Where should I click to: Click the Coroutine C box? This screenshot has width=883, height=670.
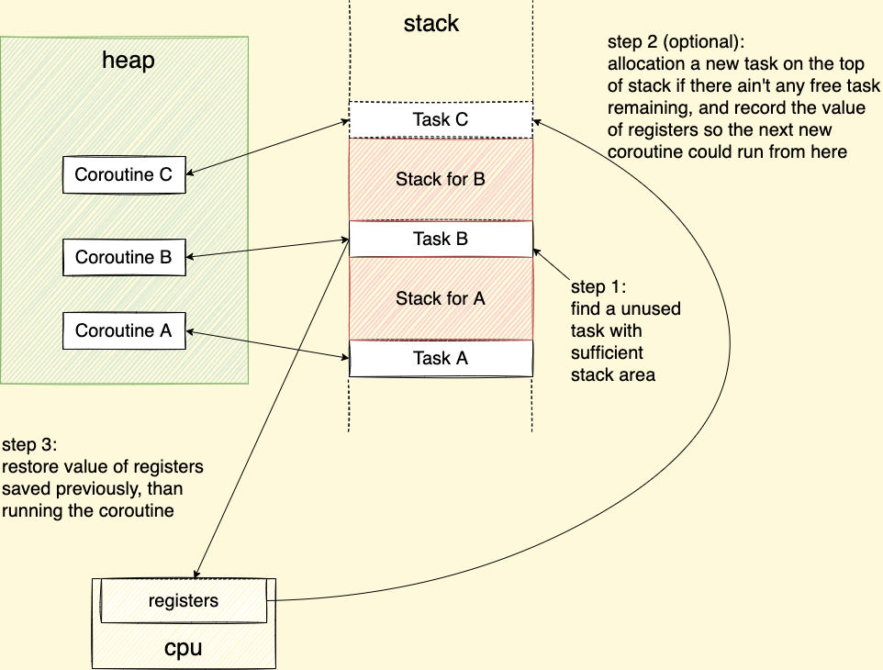coord(124,174)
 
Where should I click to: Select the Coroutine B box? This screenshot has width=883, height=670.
coord(124,257)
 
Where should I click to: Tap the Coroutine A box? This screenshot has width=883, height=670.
coord(124,330)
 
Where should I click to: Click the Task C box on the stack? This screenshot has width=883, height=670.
coord(441,119)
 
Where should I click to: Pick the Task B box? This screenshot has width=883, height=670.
coord(441,239)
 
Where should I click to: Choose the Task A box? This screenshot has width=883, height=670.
coord(441,358)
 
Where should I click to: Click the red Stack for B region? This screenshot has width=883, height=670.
coord(441,179)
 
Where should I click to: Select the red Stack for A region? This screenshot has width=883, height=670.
coord(441,298)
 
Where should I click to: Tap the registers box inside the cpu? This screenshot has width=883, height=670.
coord(184,601)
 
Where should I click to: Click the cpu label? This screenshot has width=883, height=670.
coord(183,648)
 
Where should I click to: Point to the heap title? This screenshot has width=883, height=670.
coord(128,61)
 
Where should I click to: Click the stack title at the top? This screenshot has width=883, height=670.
coord(431,23)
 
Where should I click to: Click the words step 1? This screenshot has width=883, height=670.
coord(598,286)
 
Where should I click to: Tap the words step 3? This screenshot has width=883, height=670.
coord(29,445)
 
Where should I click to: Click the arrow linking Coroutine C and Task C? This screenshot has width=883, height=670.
coord(267,146)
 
